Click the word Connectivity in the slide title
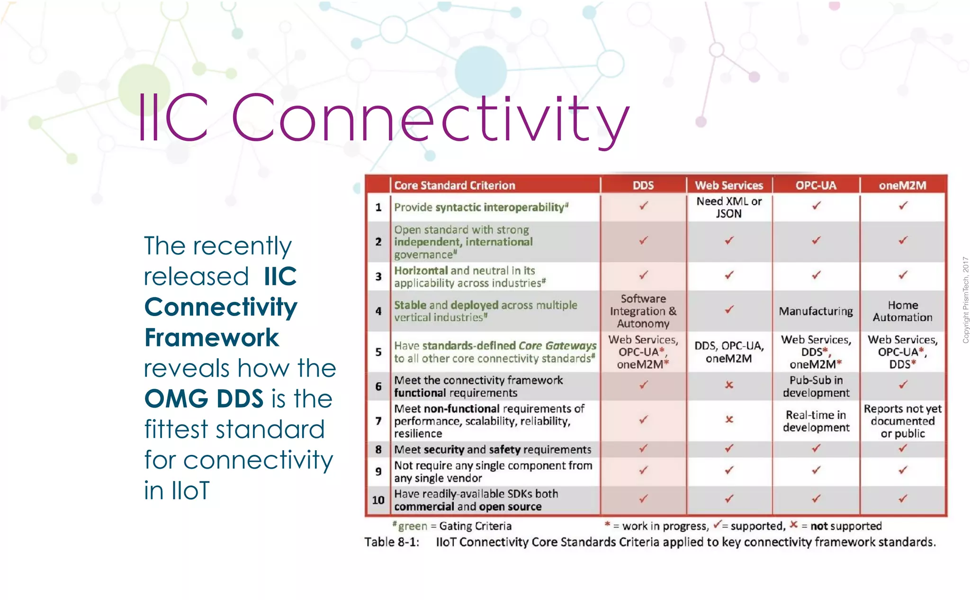[x=430, y=118]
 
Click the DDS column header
[x=643, y=185]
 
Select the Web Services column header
[x=729, y=185]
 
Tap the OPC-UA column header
[x=816, y=185]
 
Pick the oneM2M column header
[x=903, y=185]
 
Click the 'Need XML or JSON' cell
[x=729, y=207]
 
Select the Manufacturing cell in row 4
[x=816, y=311]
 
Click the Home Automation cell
[x=903, y=311]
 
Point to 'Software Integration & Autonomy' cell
[x=643, y=311]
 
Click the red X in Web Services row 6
[x=729, y=385]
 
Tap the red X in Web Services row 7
[x=729, y=419]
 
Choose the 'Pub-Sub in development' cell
[x=816, y=386]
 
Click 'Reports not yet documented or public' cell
[x=903, y=421]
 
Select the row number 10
[x=378, y=500]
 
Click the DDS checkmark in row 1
[x=643, y=206]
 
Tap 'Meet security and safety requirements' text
[x=493, y=449]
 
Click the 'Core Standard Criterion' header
[x=455, y=185]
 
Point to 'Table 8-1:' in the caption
[x=392, y=542]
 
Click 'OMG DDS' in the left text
[x=204, y=399]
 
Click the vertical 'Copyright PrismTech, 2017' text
[x=965, y=300]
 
